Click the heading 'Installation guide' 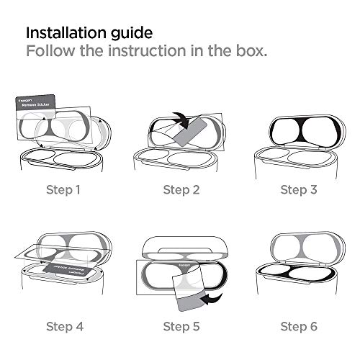pyautogui.click(x=89, y=33)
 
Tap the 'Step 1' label pyautogui.click(x=63, y=190)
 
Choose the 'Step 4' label pyautogui.click(x=63, y=326)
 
